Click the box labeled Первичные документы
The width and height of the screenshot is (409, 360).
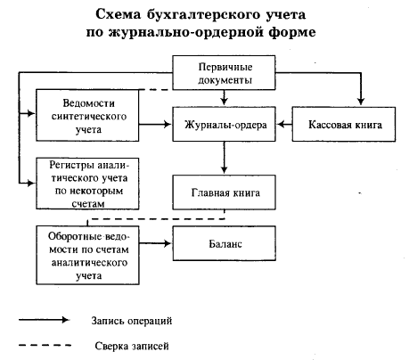[224, 73]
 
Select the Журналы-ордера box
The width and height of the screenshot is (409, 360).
[224, 124]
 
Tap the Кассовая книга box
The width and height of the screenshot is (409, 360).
[344, 124]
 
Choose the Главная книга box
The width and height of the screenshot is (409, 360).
[224, 192]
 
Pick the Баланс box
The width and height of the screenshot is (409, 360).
[224, 243]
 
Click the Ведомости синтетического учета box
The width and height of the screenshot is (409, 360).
[87, 115]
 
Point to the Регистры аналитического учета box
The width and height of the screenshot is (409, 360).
[87, 184]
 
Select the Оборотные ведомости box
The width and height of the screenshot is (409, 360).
[87, 255]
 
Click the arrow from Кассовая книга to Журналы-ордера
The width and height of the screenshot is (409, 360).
[284, 124]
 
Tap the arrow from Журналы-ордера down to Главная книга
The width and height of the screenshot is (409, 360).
[225, 158]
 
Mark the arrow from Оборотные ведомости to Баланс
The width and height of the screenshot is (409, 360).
[155, 243]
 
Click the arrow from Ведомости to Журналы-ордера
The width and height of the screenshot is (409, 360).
[155, 124]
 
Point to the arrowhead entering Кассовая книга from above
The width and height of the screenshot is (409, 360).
[361, 101]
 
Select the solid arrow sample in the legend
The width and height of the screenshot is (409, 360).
[44, 320]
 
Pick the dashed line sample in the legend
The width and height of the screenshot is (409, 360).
[45, 345]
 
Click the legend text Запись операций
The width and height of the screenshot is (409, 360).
[132, 321]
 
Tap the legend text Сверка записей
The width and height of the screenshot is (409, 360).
[132, 346]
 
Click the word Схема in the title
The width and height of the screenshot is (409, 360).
[119, 14]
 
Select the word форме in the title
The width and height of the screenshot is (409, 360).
[292, 32]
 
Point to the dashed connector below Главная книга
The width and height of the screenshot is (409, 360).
[156, 219]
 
